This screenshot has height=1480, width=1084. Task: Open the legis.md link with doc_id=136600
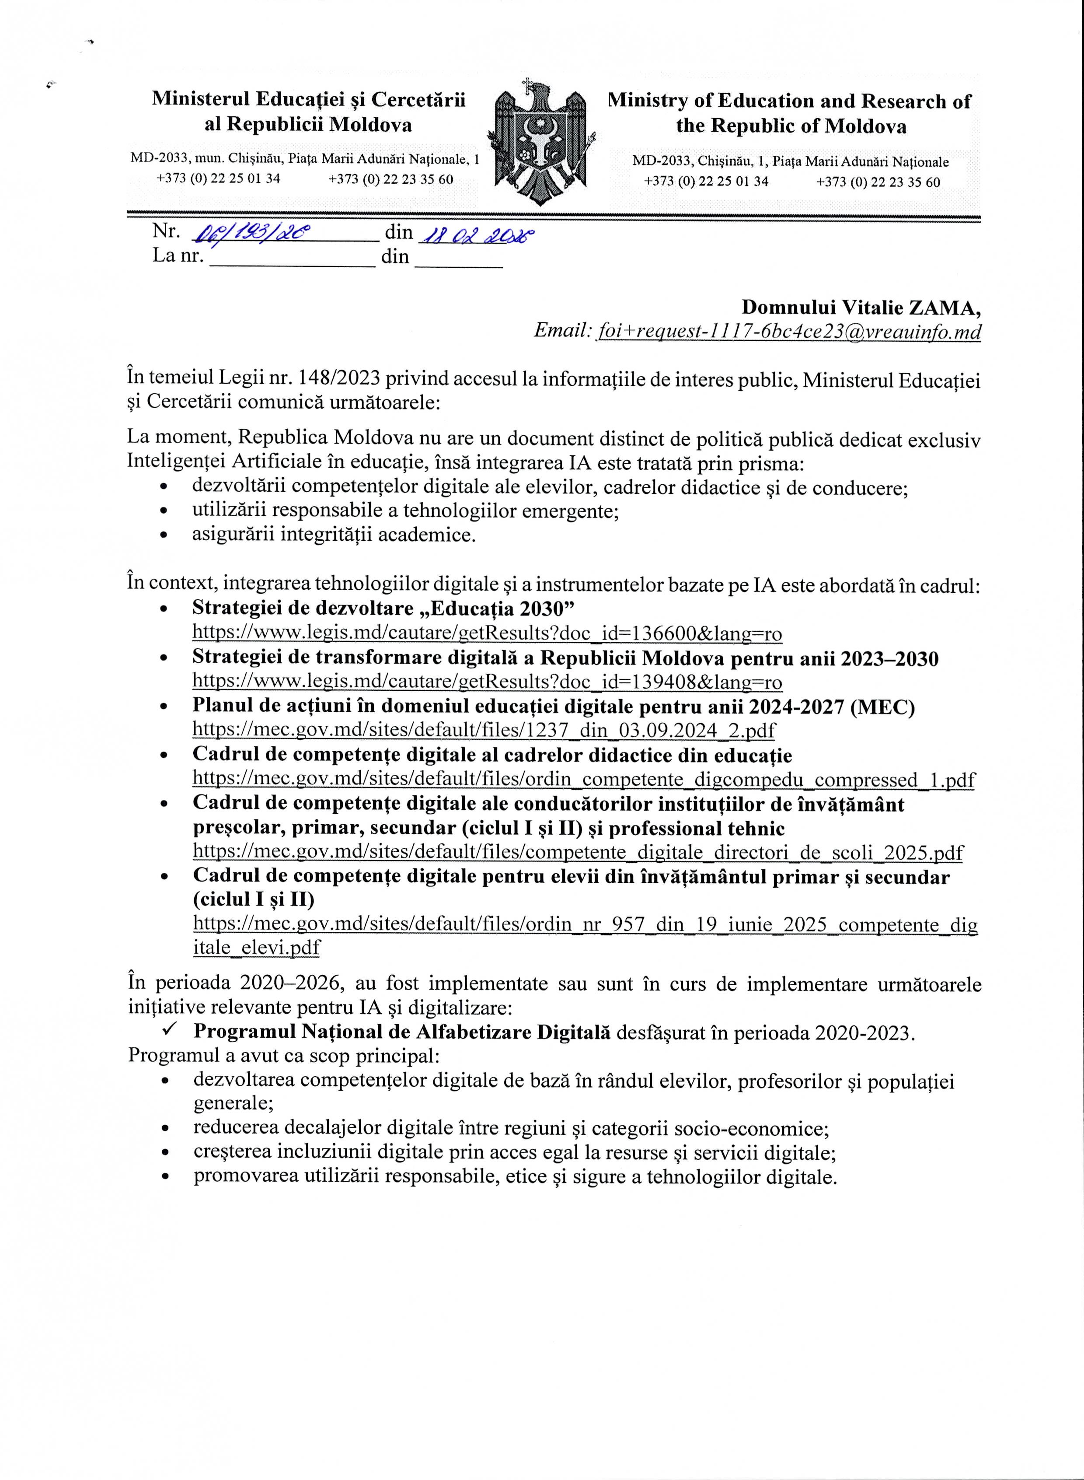(x=487, y=633)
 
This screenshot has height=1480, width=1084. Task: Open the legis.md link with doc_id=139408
(x=487, y=682)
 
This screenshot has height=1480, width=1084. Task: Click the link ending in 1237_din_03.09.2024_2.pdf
(x=484, y=731)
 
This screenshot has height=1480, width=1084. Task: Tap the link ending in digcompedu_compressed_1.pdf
(x=583, y=780)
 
